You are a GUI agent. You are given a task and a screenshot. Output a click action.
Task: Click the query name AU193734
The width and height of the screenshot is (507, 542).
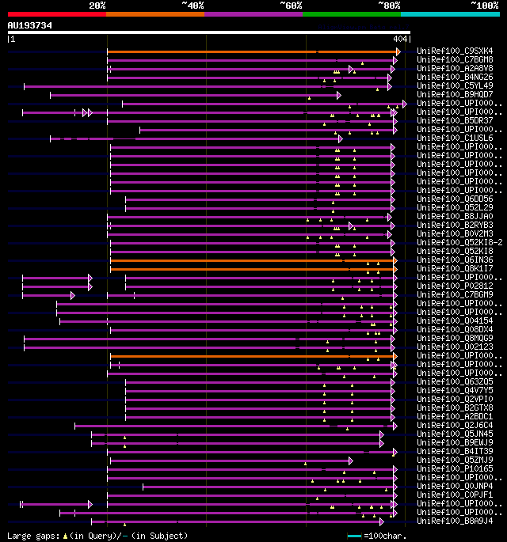[x=30, y=25]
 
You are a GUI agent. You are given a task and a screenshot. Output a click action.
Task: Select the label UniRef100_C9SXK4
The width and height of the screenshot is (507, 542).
[x=456, y=51]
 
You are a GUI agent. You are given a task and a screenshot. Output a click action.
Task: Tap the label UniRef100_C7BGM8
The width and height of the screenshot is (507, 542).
[x=456, y=60]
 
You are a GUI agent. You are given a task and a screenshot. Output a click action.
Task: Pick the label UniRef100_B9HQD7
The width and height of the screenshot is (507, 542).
[x=456, y=95]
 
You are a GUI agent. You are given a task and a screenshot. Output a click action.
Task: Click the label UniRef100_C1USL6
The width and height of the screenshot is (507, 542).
[x=456, y=138]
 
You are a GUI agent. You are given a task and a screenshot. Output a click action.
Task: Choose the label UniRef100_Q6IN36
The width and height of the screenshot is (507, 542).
[x=456, y=260]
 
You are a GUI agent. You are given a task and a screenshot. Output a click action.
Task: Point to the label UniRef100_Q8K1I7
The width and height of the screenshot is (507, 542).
[x=456, y=269]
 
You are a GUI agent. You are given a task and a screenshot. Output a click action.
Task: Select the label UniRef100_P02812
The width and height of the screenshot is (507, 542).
[x=456, y=286]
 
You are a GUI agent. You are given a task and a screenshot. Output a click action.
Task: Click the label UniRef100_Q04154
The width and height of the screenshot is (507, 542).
[x=456, y=321]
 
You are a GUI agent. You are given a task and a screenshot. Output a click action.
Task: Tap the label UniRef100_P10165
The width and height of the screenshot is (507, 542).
[x=456, y=469]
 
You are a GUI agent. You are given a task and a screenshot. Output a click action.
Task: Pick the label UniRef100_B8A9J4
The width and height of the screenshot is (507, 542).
[x=456, y=521]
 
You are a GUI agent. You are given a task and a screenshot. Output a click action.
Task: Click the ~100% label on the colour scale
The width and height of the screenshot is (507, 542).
[x=483, y=6]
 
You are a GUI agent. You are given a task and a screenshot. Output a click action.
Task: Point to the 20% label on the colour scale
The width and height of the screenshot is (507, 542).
[x=97, y=6]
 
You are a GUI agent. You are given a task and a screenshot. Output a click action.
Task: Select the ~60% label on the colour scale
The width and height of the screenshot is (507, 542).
[x=291, y=6]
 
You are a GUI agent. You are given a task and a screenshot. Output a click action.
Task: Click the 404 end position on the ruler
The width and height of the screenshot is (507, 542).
[x=399, y=39]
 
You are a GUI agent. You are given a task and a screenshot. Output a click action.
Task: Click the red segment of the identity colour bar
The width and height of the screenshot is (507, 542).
[x=56, y=13]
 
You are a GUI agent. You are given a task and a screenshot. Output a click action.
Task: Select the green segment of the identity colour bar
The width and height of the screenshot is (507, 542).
[x=351, y=13]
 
